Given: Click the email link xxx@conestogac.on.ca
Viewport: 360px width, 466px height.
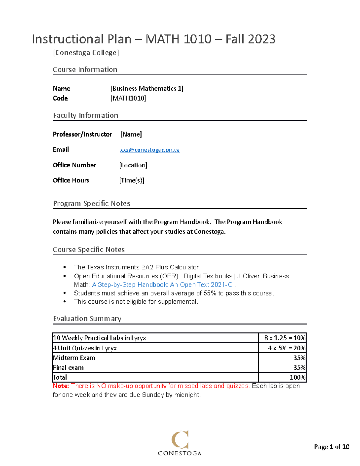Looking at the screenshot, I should point(150,150).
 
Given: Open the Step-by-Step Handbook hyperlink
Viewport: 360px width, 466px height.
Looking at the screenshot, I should point(162,285).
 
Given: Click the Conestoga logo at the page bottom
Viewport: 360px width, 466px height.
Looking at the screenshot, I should point(180,443).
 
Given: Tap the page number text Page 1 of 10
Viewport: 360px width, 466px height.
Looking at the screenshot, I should point(331,447).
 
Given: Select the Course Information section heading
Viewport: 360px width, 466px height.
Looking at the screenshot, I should point(85,70).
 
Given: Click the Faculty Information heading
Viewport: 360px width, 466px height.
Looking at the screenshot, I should point(85,115).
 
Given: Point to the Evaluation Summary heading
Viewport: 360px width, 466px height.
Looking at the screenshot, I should point(87,319).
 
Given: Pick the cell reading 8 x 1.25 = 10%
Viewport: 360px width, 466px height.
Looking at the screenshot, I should point(284,338).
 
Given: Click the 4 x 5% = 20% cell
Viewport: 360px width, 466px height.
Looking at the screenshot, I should point(286,348).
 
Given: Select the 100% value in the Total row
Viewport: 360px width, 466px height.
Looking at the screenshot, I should point(297,377).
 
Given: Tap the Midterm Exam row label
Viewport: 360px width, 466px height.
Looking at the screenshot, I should point(74,358).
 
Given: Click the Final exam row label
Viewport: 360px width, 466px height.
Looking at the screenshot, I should point(68,368).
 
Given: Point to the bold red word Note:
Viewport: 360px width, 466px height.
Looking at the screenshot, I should point(61,386).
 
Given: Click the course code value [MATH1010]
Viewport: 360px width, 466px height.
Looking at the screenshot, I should point(128,98).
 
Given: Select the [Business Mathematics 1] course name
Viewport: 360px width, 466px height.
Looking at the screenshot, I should point(147,89).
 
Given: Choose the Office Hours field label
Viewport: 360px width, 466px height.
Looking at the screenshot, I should point(71,180).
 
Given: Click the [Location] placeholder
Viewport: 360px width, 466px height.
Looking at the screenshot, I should point(133,165).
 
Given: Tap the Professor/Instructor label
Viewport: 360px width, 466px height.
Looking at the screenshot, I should point(82,134).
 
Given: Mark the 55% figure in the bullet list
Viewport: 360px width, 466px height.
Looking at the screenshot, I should point(210,293).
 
